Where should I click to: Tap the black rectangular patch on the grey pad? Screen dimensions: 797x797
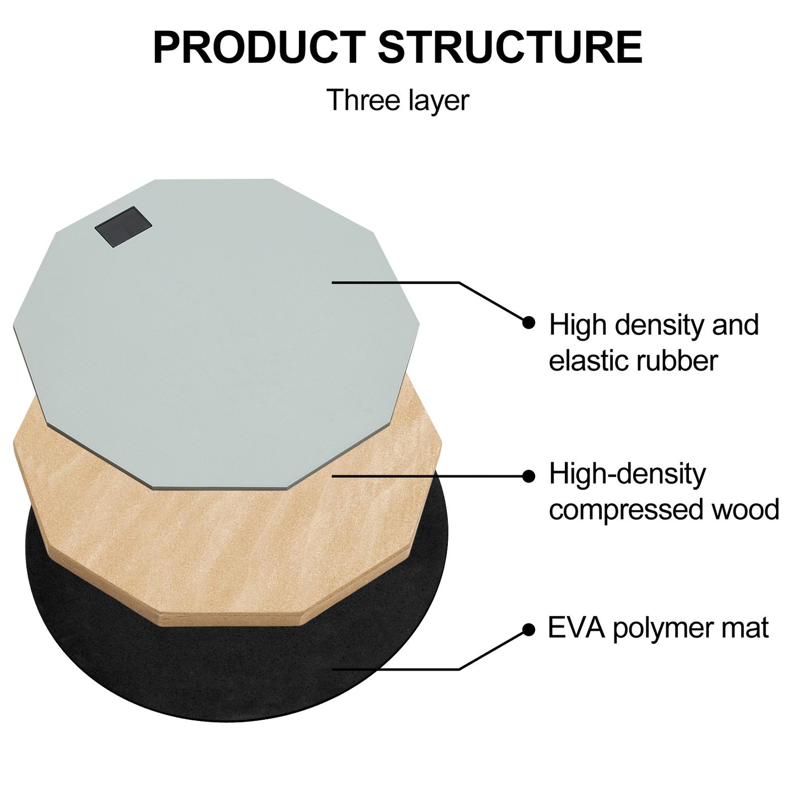pos(123,227)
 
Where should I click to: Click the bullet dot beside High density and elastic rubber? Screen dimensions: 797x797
pos(528,322)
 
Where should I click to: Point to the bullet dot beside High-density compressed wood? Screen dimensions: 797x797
pos(528,476)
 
